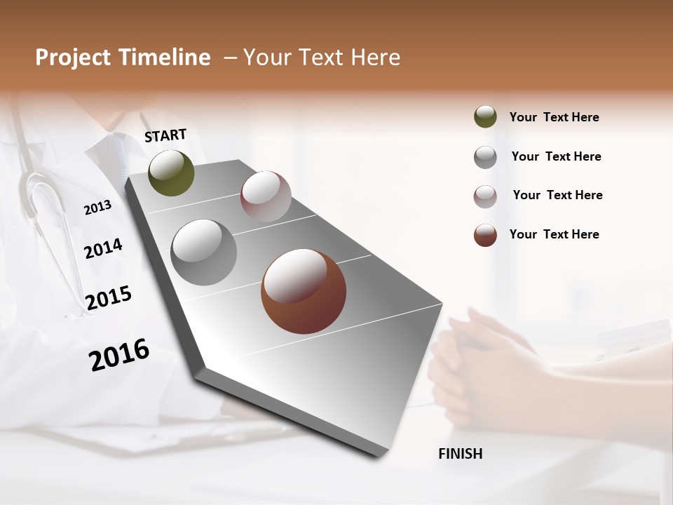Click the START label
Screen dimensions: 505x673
(165, 135)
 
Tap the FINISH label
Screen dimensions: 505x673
(460, 454)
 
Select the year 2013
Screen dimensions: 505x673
(97, 207)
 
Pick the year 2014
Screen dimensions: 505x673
(103, 248)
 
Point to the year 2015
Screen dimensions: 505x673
(109, 298)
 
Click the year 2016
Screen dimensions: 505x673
(119, 355)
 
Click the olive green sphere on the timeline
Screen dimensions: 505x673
(171, 173)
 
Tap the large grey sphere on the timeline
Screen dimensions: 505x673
(204, 252)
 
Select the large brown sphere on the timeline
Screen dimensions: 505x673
(304, 291)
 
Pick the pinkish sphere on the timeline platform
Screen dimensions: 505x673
(266, 196)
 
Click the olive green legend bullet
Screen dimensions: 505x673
(485, 116)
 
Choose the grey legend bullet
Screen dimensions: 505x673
(485, 157)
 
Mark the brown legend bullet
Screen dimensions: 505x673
(485, 235)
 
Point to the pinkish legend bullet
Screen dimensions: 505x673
(485, 196)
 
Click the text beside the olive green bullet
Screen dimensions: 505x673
(554, 117)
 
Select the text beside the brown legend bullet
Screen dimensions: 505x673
(554, 234)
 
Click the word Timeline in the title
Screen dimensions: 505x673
(167, 58)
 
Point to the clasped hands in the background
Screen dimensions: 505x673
(477, 365)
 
